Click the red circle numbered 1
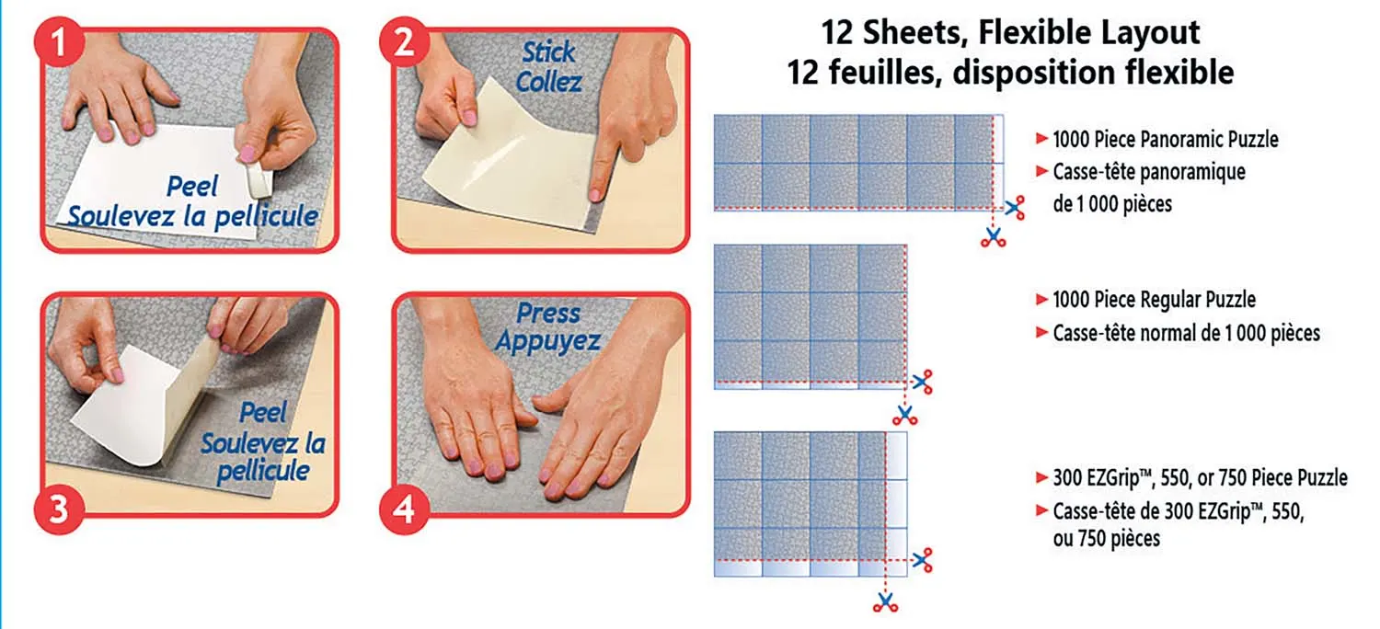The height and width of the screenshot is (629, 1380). point(59,46)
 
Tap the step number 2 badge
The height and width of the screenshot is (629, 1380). point(405,46)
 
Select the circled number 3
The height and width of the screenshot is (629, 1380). point(59,509)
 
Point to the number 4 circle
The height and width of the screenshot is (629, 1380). point(405,509)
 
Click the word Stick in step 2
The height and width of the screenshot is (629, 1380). point(548,52)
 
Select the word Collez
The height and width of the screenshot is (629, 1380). point(548,82)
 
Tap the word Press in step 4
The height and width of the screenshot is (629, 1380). point(548,314)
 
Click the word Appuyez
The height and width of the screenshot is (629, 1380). point(547,342)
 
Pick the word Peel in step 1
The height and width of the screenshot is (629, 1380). point(192,187)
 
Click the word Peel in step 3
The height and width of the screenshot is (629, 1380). point(263,412)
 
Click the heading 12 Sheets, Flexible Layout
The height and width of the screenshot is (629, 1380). point(1010,34)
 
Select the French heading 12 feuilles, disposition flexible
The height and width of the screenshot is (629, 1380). point(1010,72)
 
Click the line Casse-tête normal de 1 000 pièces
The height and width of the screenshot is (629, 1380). point(1186,333)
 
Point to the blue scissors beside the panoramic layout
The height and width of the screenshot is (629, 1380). point(1015,208)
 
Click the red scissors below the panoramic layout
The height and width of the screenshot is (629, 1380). point(993,238)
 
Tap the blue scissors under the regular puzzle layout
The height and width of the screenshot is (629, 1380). point(905,414)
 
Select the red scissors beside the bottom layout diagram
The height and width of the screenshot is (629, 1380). point(923,559)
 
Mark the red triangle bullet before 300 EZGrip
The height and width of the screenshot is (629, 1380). point(1041,478)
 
